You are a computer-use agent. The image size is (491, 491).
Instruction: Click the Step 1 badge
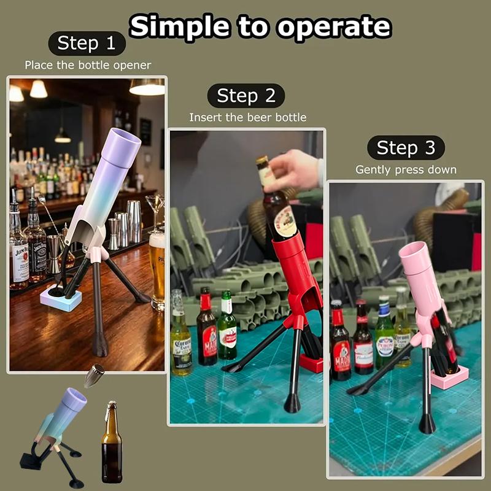(x=87, y=43)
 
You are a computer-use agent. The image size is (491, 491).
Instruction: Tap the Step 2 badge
(x=246, y=96)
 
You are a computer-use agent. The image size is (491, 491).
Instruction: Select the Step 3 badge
(x=406, y=147)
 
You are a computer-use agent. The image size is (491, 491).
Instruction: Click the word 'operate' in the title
(x=334, y=27)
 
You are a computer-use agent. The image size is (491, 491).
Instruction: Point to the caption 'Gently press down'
(x=406, y=170)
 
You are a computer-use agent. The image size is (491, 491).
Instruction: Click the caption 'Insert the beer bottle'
(x=248, y=117)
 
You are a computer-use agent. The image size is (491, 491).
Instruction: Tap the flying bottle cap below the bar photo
(x=94, y=375)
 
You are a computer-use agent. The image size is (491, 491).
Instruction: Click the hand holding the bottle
(x=295, y=171)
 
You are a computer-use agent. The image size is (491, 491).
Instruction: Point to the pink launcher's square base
(x=450, y=377)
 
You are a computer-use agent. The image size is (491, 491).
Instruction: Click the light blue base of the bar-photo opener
(x=61, y=298)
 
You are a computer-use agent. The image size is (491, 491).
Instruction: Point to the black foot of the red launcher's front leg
(x=292, y=403)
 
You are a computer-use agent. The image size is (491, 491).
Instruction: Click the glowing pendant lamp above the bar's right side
(x=147, y=87)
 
